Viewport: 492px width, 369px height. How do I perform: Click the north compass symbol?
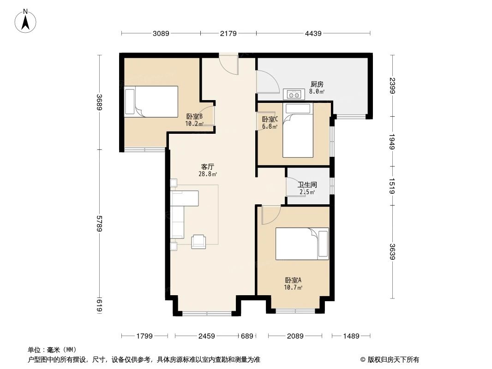click(26, 21)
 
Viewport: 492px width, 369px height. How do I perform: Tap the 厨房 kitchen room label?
click(317, 84)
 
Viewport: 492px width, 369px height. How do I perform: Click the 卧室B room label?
click(194, 117)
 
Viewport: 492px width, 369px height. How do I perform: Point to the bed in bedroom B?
click(151, 102)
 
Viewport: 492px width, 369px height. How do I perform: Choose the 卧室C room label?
click(270, 119)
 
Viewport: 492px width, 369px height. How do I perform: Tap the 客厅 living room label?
click(208, 167)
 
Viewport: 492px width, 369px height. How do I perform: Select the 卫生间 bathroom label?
click(307, 184)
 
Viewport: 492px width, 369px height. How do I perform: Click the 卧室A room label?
click(293, 280)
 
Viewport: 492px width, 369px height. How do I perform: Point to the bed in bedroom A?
click(302, 244)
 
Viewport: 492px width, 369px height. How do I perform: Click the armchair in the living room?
click(199, 241)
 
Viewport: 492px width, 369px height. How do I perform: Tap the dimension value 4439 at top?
click(313, 33)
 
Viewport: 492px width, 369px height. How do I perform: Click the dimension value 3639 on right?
click(392, 251)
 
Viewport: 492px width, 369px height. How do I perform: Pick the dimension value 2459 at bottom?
click(207, 336)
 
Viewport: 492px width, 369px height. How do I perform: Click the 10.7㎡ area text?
click(293, 288)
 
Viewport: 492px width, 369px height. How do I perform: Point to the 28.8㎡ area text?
click(208, 174)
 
